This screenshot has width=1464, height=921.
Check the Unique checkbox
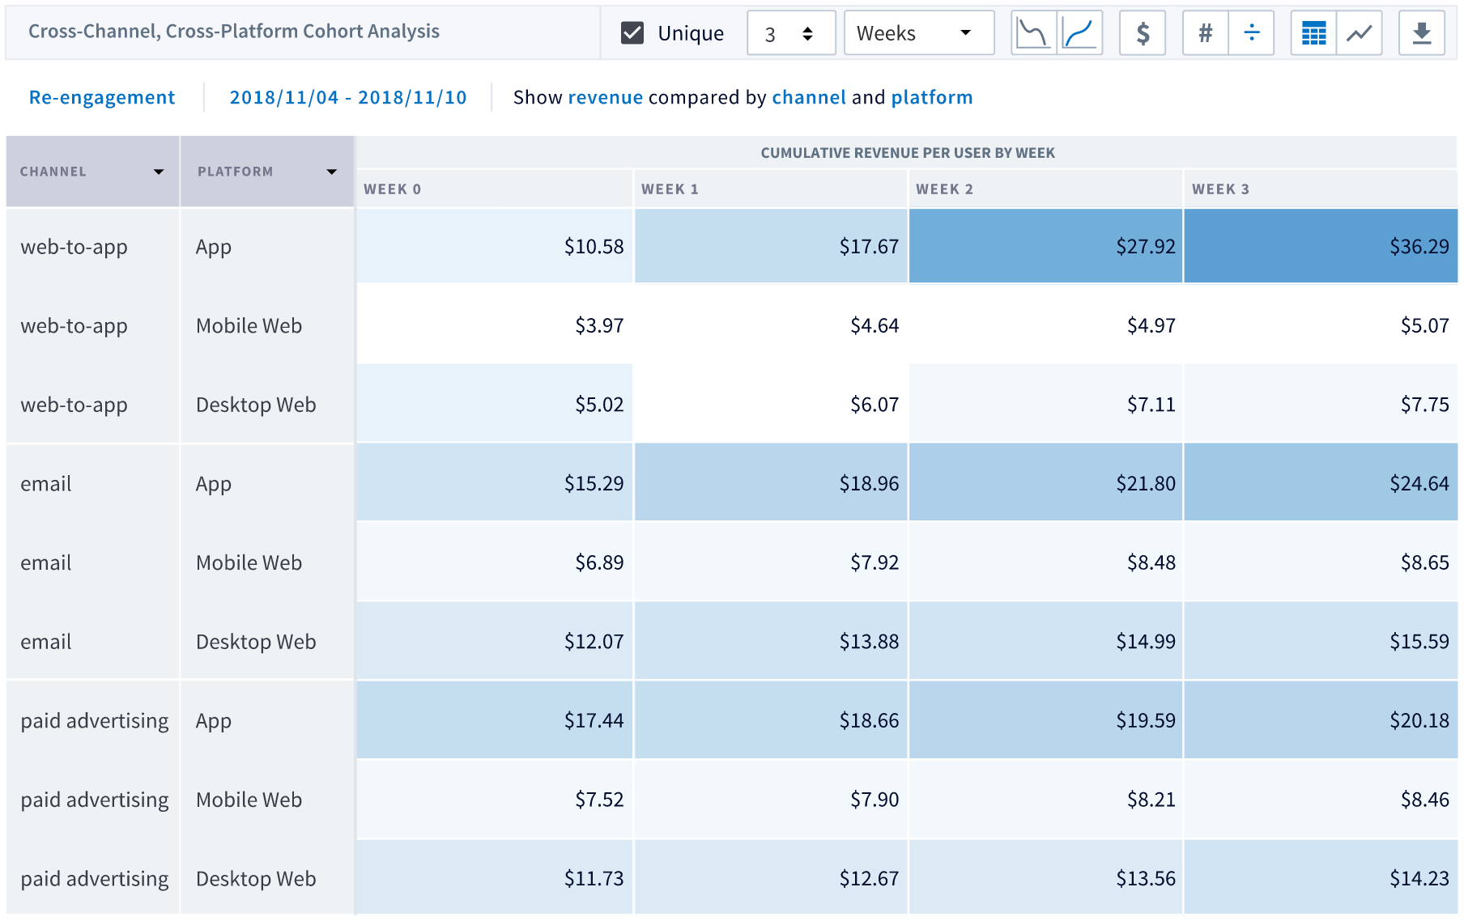632,33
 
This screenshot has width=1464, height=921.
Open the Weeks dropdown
918,33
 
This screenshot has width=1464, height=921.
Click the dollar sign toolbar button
1142,33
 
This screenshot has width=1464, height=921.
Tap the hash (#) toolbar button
1205,33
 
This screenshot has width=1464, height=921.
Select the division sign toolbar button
1251,33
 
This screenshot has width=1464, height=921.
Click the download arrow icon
1421,33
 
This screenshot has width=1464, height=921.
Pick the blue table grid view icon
1313,33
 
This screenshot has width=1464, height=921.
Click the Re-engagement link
102,98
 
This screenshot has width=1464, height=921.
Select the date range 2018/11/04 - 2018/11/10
348,98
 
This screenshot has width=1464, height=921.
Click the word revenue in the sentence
605,98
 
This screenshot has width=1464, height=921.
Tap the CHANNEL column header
53,172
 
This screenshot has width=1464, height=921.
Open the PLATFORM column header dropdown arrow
331,172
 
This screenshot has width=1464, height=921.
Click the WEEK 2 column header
944,189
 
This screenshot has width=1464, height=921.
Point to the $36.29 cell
1419,247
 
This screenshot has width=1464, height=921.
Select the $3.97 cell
599,326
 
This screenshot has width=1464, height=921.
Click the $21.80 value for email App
1145,484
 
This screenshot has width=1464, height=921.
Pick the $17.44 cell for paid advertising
594,721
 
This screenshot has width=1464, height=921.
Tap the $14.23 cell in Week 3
1419,879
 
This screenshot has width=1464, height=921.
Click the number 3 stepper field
771,34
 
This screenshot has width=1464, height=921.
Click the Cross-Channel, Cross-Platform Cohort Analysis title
234,32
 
